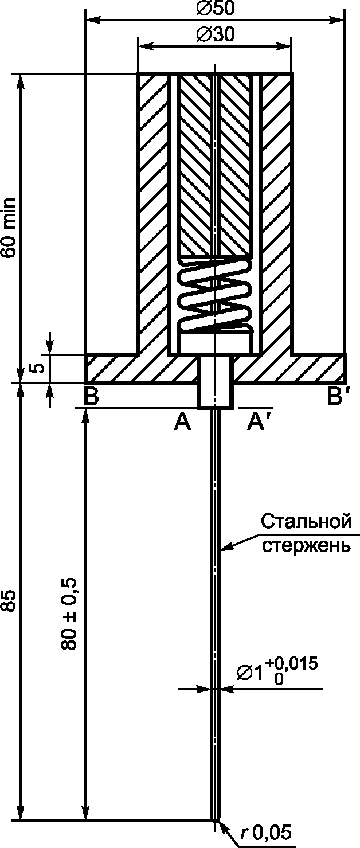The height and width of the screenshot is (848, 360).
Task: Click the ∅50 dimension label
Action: [x=215, y=7]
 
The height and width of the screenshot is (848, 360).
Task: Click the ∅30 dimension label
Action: [x=214, y=34]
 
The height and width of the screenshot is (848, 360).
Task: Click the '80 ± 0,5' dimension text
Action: [x=68, y=613]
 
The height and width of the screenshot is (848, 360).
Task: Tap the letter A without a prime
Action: [x=182, y=423]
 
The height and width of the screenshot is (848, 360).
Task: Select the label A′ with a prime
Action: [x=256, y=423]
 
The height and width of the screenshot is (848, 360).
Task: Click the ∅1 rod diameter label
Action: [x=251, y=672]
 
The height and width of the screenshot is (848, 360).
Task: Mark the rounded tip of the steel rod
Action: [x=215, y=820]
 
